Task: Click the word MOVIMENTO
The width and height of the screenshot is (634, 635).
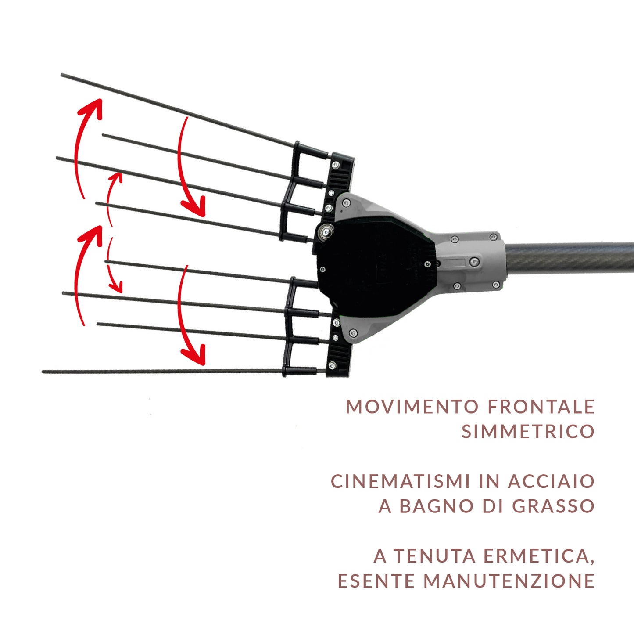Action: pos(412,407)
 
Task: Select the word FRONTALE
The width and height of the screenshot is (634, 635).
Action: pos(541,407)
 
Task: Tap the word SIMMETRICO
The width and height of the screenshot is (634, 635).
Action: pos(527,432)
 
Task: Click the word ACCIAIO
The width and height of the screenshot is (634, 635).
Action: pos(551,481)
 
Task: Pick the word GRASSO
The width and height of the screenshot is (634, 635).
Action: pos(553,506)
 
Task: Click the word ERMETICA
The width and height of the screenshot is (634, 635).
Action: pos(539,556)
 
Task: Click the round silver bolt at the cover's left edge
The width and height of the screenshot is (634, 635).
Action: pos(325,231)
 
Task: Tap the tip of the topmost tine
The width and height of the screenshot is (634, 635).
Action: pos(62,75)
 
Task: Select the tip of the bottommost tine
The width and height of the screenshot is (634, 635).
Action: pos(44,372)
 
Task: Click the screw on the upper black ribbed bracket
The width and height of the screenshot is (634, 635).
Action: pos(336,165)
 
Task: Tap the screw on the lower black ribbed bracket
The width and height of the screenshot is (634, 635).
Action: pos(333,365)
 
